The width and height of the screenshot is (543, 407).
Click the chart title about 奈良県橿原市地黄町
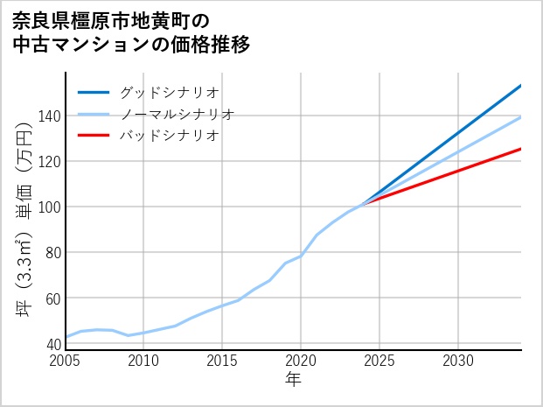click(131, 32)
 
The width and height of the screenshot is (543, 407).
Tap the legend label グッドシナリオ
click(169, 92)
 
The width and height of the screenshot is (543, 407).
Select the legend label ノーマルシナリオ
click(177, 114)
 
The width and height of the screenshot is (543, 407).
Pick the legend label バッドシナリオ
click(169, 136)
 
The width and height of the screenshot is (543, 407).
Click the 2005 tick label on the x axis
click(66, 361)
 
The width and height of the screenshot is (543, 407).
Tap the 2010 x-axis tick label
click(143, 361)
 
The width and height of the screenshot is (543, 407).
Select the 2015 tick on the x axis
click(222, 361)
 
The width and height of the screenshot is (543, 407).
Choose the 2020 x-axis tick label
click(301, 361)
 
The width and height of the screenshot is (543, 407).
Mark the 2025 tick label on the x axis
click(379, 361)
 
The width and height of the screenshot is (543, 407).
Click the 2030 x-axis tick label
click(458, 361)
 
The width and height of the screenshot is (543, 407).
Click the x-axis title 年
click(294, 380)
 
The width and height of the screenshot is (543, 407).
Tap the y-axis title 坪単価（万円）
click(24, 232)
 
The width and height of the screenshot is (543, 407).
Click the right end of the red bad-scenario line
click(520, 149)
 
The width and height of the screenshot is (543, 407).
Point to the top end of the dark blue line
click(520, 86)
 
